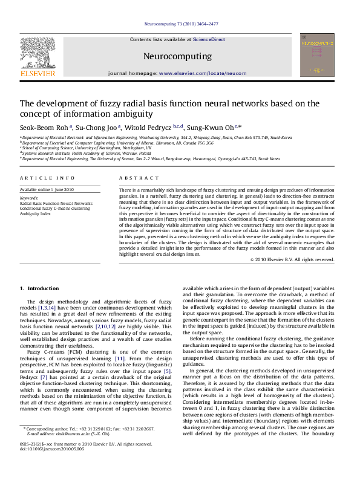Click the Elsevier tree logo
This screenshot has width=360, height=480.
(x=36, y=53)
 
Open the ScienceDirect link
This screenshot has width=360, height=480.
(x=209, y=39)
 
